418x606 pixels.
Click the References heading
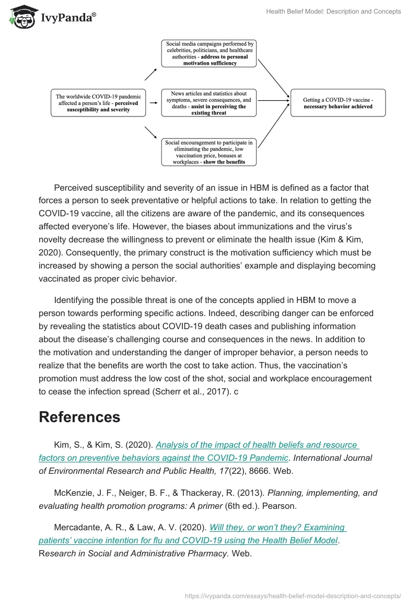coord(79,417)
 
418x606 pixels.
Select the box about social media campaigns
coord(209,53)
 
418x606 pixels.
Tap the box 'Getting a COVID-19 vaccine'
coord(338,102)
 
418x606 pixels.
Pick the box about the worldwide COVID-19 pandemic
coord(98,102)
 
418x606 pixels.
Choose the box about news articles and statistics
coord(209,102)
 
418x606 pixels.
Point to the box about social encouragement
coord(209,152)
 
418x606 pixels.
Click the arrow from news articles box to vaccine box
coord(273,100)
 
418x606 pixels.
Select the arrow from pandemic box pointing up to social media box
coord(150,74)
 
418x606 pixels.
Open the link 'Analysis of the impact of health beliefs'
coord(256,445)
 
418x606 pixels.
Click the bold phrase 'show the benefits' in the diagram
coord(222,162)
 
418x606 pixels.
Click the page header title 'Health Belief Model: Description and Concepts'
coord(332,11)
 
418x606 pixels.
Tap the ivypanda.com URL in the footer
coord(293,595)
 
